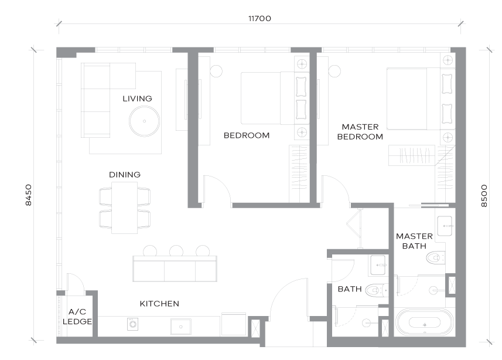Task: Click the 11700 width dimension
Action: [259, 19]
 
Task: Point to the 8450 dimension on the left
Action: [29, 195]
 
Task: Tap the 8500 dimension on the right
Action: [484, 196]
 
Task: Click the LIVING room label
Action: [137, 99]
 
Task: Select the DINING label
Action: [125, 175]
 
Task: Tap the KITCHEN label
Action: [159, 304]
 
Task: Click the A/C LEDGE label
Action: [77, 317]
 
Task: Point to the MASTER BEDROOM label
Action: [360, 132]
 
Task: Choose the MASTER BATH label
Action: [414, 241]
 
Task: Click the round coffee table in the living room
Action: [144, 121]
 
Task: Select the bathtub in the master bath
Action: [425, 322]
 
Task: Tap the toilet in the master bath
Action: [436, 257]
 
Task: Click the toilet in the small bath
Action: [376, 290]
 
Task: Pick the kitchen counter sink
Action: [181, 327]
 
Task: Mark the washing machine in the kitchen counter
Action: [132, 324]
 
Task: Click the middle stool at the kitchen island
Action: [176, 251]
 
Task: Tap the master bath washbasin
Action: [445, 226]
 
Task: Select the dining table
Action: [125, 208]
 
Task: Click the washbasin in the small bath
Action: [378, 265]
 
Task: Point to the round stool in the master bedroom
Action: [334, 71]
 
